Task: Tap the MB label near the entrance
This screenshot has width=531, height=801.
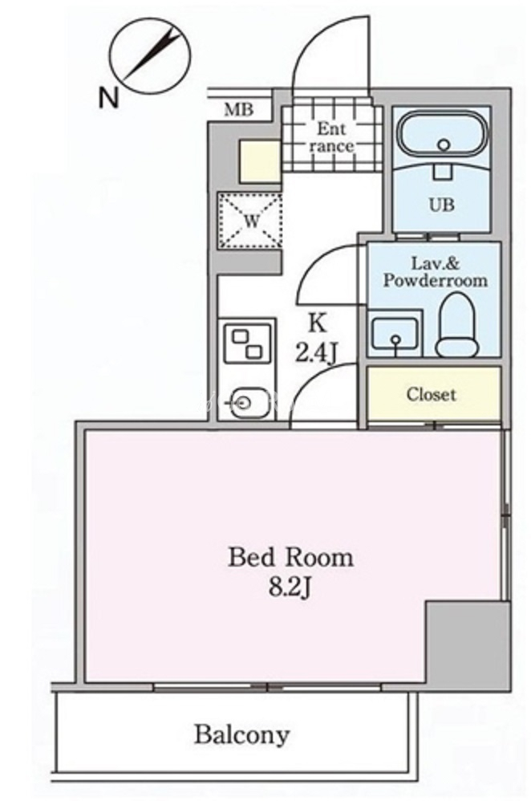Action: click(x=238, y=110)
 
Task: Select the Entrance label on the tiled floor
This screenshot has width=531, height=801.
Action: click(x=331, y=137)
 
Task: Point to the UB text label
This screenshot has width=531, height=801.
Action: click(x=442, y=205)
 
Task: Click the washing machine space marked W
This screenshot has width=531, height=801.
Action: click(x=249, y=220)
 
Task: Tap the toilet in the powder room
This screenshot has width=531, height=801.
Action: click(x=457, y=326)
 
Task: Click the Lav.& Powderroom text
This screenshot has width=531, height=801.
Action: click(x=435, y=272)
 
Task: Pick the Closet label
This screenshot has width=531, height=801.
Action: click(x=432, y=394)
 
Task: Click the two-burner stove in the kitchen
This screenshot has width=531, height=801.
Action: click(x=247, y=344)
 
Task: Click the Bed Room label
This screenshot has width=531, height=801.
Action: click(x=290, y=557)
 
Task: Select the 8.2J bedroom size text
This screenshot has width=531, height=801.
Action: click(x=290, y=588)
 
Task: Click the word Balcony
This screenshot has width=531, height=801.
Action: click(x=241, y=735)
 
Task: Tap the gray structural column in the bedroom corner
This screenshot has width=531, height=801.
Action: click(x=468, y=645)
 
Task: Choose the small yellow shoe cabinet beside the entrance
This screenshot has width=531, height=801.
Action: click(x=260, y=161)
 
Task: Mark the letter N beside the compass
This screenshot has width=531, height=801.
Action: click(x=109, y=98)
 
